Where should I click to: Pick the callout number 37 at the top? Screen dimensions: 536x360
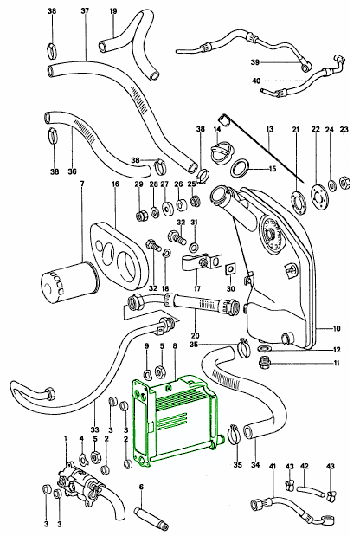(x=84, y=11)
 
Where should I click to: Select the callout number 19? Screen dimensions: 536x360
(x=113, y=11)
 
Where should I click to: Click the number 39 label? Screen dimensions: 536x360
(x=255, y=62)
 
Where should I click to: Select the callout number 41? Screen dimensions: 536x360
(x=273, y=468)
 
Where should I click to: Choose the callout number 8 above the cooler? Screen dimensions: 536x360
(x=176, y=346)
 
